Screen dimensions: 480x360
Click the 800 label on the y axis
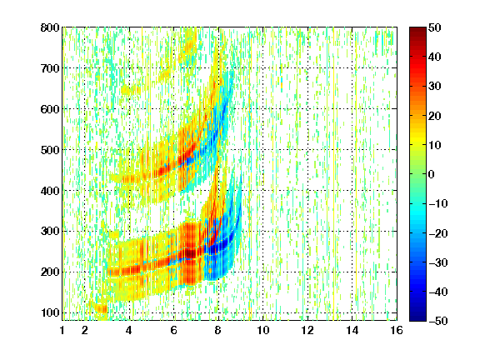click(x=50, y=27)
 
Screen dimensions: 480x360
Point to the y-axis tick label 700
click(x=50, y=68)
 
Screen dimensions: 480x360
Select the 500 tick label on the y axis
click(x=50, y=150)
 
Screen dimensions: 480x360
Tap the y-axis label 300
click(x=50, y=232)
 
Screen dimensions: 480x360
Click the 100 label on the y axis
click(x=50, y=312)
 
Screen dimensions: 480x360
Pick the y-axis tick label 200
click(x=50, y=272)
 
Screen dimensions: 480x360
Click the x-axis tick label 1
click(x=62, y=330)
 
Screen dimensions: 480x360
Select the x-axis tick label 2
click(x=85, y=330)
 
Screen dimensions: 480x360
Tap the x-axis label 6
click(x=174, y=330)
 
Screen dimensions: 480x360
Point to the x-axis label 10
click(x=263, y=330)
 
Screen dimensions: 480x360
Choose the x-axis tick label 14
click(x=352, y=330)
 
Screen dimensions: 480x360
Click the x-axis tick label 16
click(x=397, y=330)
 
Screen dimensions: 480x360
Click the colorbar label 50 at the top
click(x=434, y=27)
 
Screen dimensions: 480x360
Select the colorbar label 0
click(x=432, y=174)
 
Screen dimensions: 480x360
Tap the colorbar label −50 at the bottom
click(x=438, y=321)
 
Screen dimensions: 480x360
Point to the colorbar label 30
click(x=434, y=87)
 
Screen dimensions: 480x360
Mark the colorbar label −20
click(x=438, y=233)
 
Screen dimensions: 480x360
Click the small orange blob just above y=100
click(x=102, y=308)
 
